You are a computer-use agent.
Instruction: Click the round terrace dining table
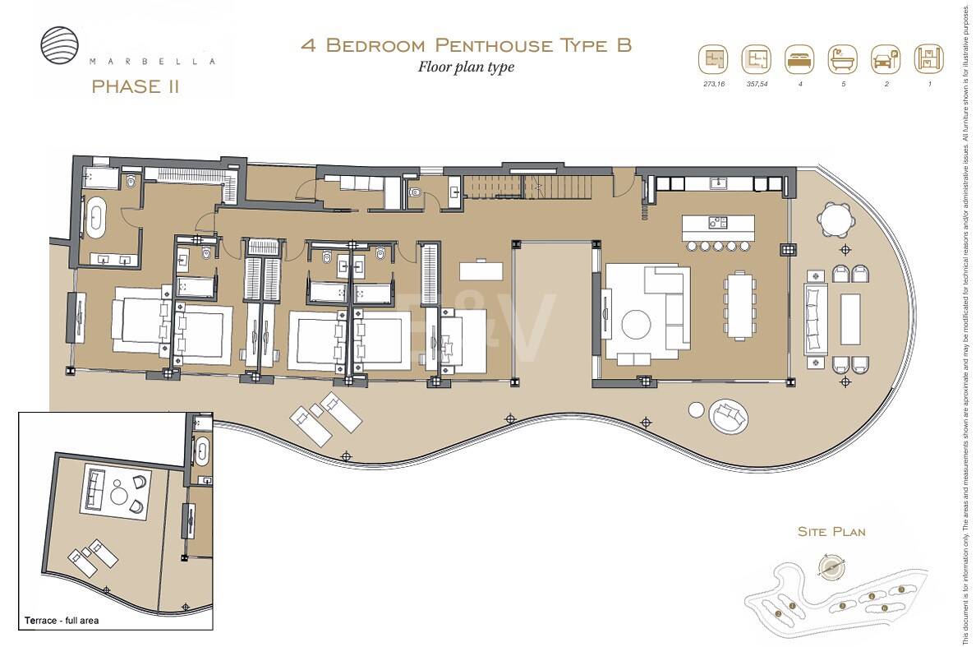tap(835, 220)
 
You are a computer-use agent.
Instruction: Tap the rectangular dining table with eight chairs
tap(739, 305)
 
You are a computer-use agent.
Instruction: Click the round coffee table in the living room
tap(638, 323)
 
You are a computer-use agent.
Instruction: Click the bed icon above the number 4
tap(798, 60)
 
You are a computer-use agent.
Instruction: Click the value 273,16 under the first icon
tap(714, 85)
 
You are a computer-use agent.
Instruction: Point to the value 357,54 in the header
tap(757, 85)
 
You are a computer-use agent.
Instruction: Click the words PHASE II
tap(136, 86)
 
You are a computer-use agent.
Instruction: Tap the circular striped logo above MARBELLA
tap(61, 44)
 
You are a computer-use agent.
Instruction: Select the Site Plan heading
tap(831, 532)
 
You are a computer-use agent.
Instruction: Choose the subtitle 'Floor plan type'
tap(466, 67)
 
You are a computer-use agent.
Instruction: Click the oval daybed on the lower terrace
tap(729, 417)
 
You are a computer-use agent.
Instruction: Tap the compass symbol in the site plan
tap(831, 566)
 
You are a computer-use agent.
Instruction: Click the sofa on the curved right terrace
tap(815, 318)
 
